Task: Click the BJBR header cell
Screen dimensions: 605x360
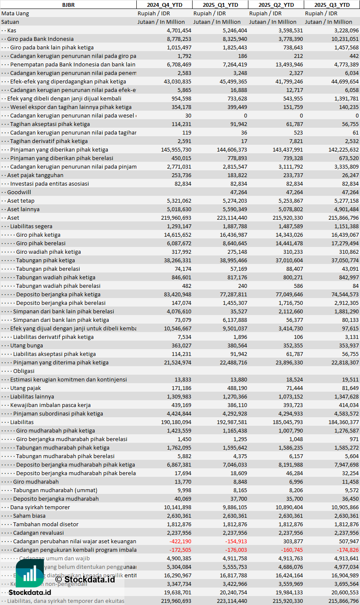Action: pyautogui.click(x=68, y=5)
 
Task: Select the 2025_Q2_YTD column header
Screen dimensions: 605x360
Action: pyautogui.click(x=276, y=5)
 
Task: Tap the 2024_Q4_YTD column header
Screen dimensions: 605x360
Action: pyautogui.click(x=164, y=5)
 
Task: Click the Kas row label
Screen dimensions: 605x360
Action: pyautogui.click(x=12, y=30)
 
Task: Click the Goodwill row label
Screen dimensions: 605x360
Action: pyautogui.click(x=19, y=192)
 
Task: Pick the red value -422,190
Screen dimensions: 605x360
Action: pyautogui.click(x=180, y=541)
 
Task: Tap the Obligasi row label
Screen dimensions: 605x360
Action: pyautogui.click(x=24, y=371)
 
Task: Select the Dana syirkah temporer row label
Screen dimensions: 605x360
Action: pyautogui.click(x=40, y=507)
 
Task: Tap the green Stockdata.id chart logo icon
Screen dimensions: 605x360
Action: pyautogui.click(x=30, y=573)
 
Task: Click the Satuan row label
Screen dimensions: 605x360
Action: pyautogui.click(x=10, y=22)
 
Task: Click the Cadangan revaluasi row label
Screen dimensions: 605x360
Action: pyautogui.click(x=38, y=533)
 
